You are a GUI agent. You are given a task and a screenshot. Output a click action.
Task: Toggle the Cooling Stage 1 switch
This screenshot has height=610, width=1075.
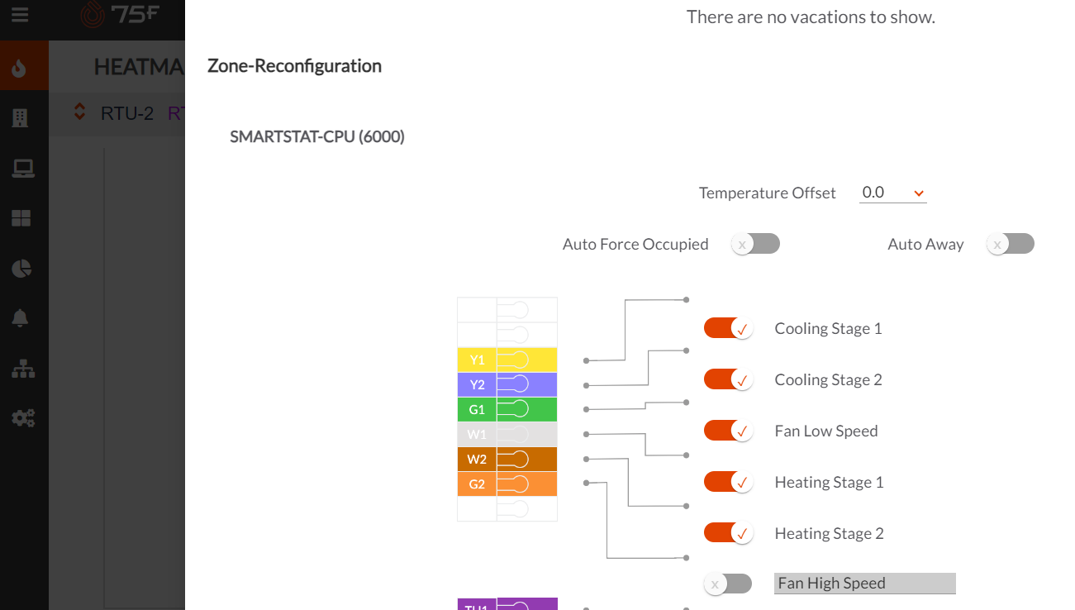pyautogui.click(x=728, y=328)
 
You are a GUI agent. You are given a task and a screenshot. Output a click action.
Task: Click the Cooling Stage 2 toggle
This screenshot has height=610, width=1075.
pyautogui.click(x=728, y=379)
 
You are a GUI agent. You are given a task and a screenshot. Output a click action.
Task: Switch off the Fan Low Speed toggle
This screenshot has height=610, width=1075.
pyautogui.click(x=728, y=431)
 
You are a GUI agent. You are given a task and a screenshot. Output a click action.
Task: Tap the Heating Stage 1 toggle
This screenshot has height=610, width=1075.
pyautogui.click(x=728, y=482)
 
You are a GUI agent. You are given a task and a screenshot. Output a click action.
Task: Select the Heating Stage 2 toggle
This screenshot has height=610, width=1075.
pyautogui.click(x=728, y=533)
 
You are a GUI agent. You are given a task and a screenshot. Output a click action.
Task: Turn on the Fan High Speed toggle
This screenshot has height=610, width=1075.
pyautogui.click(x=728, y=584)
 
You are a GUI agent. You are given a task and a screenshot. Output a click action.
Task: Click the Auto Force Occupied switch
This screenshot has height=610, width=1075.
pyautogui.click(x=755, y=244)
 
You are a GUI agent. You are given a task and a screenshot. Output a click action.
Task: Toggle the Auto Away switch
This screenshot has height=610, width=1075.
pyautogui.click(x=1010, y=244)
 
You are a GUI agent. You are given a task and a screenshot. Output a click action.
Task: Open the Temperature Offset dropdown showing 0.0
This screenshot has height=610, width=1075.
pyautogui.click(x=892, y=193)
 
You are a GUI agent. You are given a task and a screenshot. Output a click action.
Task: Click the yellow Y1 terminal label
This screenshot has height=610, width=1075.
pyautogui.click(x=478, y=360)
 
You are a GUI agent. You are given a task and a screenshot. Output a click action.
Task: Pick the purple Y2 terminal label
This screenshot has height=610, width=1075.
pyautogui.click(x=478, y=385)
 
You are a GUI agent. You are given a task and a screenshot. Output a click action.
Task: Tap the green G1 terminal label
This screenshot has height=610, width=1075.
pyautogui.click(x=478, y=410)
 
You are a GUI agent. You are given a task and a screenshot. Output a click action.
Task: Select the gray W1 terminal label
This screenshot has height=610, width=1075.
pyautogui.click(x=478, y=435)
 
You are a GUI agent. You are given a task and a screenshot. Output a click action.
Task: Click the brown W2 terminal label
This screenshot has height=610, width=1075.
pyautogui.click(x=478, y=460)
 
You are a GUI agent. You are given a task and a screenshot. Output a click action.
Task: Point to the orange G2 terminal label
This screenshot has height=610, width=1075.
pyautogui.click(x=478, y=484)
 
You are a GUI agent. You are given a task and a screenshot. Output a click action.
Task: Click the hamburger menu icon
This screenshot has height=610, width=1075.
pyautogui.click(x=20, y=15)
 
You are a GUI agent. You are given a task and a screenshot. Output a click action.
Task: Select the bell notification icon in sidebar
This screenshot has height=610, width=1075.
pyautogui.click(x=21, y=318)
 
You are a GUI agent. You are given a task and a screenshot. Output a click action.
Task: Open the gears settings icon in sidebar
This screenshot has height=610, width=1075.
pyautogui.click(x=22, y=418)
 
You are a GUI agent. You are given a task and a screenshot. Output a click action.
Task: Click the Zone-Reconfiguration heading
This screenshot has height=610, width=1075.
pyautogui.click(x=294, y=66)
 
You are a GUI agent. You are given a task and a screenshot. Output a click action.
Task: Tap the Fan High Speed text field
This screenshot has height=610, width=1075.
pyautogui.click(x=864, y=584)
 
